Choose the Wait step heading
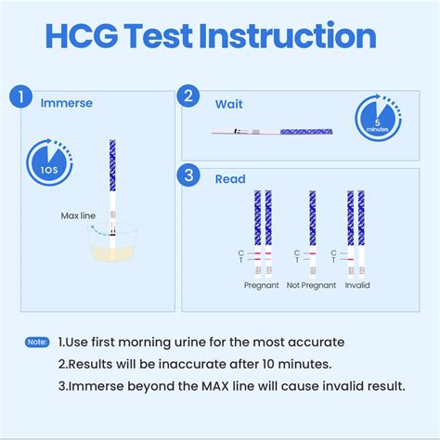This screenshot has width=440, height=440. (229, 105)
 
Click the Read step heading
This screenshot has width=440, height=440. (231, 179)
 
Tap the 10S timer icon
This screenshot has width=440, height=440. (47, 166)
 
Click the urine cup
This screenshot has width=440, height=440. (112, 243)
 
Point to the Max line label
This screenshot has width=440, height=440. (79, 215)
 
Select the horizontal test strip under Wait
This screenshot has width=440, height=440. (269, 131)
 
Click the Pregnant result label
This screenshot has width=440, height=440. (262, 285)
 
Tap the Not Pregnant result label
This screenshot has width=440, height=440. (310, 285)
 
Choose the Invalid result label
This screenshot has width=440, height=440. (356, 285)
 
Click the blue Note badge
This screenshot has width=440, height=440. (37, 343)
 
